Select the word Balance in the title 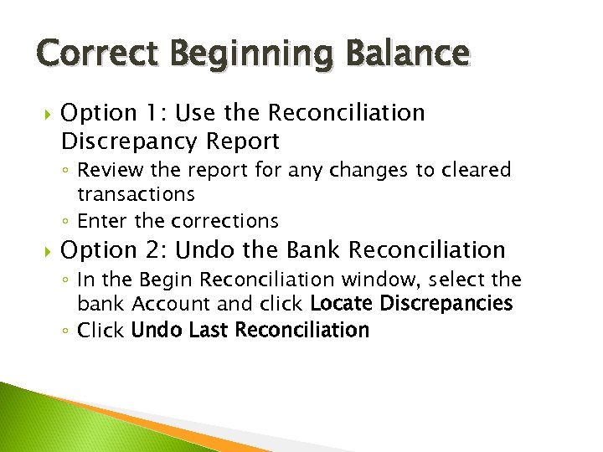(403, 54)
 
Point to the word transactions (136, 194)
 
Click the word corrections (224, 221)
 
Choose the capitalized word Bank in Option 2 (314, 249)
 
